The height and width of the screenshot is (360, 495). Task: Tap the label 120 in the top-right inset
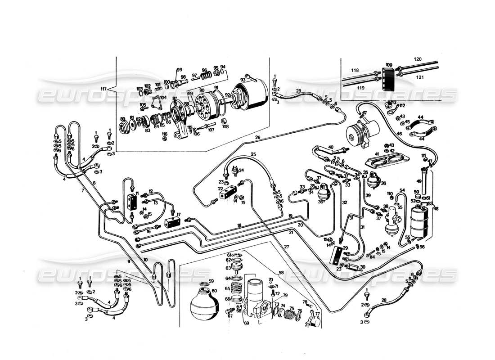[x=418, y=59]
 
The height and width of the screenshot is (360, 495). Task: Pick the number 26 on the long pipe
[x=257, y=137]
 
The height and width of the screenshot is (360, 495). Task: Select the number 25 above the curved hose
[x=253, y=155]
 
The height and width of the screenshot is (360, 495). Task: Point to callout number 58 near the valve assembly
[x=281, y=273]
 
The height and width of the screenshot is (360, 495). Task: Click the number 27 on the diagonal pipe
[x=286, y=247]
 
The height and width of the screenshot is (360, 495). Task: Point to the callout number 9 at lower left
[x=128, y=261]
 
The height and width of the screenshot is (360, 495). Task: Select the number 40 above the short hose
[x=330, y=147]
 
